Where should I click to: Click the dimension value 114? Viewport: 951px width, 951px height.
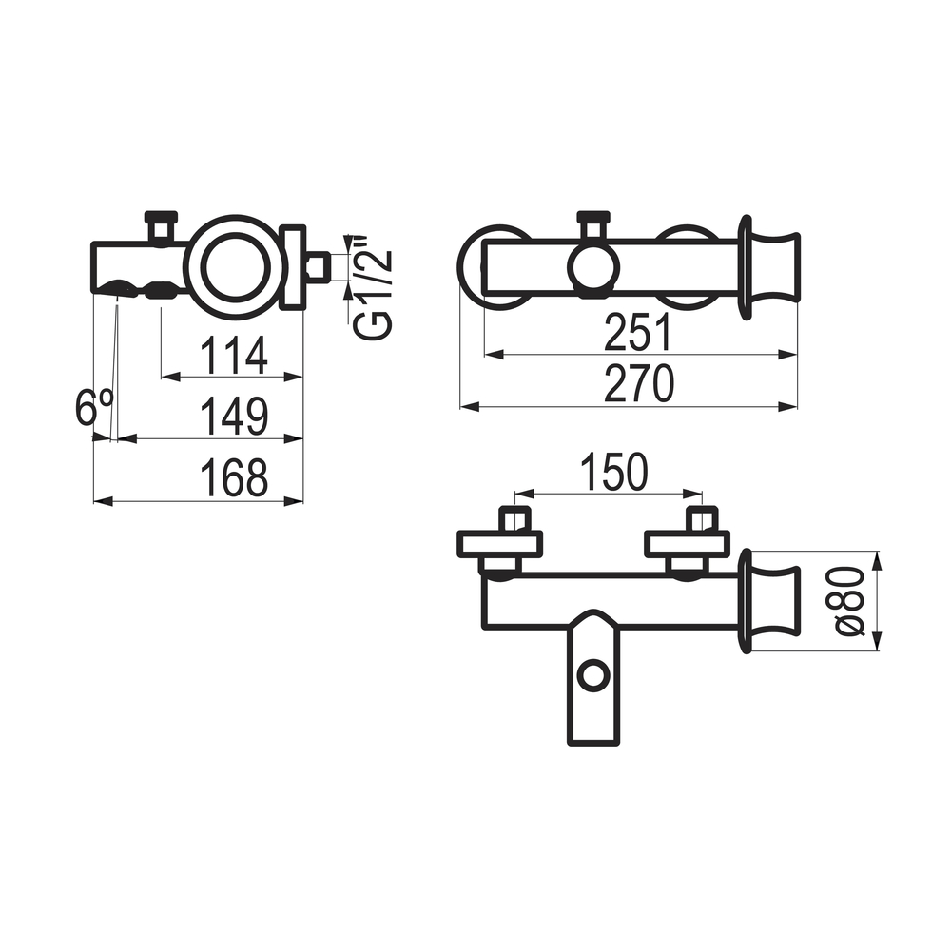(x=234, y=355)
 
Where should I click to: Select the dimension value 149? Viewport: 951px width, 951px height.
(x=234, y=417)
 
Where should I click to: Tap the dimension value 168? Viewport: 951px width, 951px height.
(x=234, y=477)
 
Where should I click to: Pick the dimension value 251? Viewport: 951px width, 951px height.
(x=638, y=332)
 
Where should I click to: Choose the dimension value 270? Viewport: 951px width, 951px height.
(x=639, y=383)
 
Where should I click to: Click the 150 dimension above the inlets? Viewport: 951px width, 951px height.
(x=614, y=472)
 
